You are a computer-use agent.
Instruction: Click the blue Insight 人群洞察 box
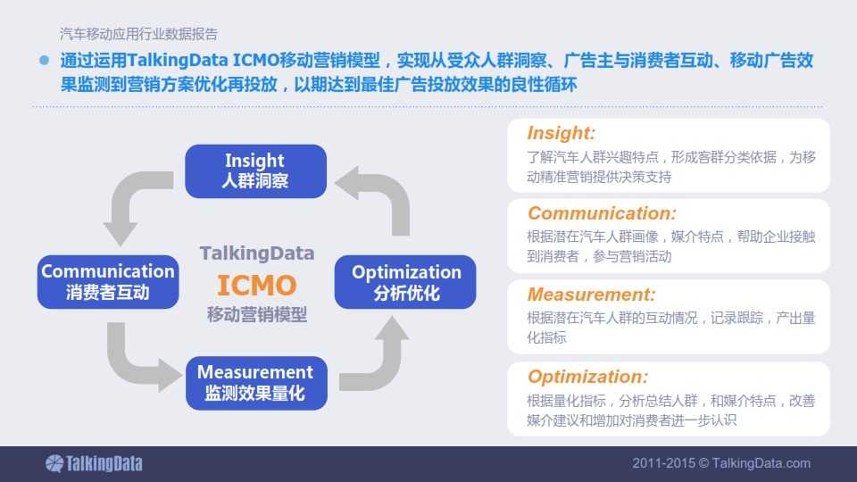pyautogui.click(x=256, y=171)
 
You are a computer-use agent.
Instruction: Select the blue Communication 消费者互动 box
pyautogui.click(x=108, y=281)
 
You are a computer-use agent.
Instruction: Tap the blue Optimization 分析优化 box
pyautogui.click(x=405, y=282)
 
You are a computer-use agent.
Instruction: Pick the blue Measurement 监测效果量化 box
pyautogui.click(x=256, y=383)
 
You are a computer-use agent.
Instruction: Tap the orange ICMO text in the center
pyautogui.click(x=257, y=286)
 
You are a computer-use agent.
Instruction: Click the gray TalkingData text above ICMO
pyautogui.click(x=257, y=253)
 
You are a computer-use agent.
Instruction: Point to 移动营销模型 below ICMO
pyautogui.click(x=257, y=314)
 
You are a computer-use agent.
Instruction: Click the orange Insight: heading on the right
pyautogui.click(x=562, y=133)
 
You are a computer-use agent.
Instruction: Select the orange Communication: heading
pyautogui.click(x=602, y=213)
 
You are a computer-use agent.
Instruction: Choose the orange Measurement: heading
pyautogui.click(x=591, y=295)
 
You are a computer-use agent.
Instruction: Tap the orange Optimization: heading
pyautogui.click(x=588, y=377)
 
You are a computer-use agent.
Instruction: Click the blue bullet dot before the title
pyautogui.click(x=45, y=60)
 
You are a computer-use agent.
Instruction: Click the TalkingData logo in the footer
pyautogui.click(x=94, y=463)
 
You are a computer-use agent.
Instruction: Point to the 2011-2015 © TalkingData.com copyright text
pyautogui.click(x=721, y=463)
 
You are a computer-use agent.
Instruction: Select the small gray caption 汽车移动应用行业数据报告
pyautogui.click(x=139, y=34)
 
